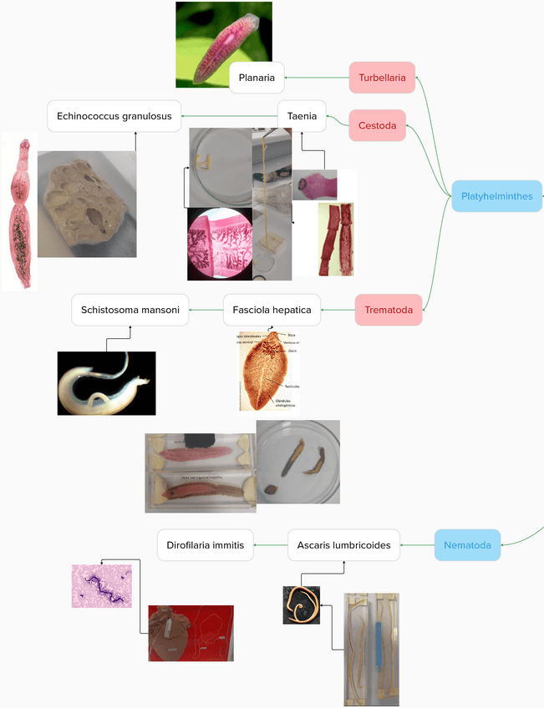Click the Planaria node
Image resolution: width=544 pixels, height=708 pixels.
click(x=257, y=78)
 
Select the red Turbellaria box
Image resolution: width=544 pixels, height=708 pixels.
click(x=382, y=78)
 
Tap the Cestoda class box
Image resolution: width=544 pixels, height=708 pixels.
click(x=377, y=125)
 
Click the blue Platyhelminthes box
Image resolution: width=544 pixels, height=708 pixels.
click(x=496, y=196)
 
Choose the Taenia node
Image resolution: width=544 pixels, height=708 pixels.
click(x=302, y=116)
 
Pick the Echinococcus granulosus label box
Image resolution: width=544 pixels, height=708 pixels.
click(x=114, y=116)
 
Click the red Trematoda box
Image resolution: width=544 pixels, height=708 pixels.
click(x=389, y=310)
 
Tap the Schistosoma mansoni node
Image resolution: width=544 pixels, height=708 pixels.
click(x=130, y=310)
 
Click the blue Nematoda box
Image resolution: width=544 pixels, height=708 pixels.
click(x=467, y=545)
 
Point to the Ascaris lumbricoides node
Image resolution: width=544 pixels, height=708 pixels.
click(x=343, y=545)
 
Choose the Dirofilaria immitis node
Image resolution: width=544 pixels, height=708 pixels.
click(x=205, y=545)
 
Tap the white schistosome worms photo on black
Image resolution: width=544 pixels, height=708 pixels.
click(x=106, y=383)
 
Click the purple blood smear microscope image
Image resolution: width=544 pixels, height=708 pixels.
click(x=101, y=585)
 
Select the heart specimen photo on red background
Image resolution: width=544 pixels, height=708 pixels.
click(x=191, y=633)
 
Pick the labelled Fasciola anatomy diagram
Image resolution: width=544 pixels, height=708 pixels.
click(x=267, y=371)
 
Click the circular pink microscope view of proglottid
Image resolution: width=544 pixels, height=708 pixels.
click(x=220, y=243)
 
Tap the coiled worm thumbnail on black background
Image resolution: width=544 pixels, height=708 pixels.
click(x=301, y=604)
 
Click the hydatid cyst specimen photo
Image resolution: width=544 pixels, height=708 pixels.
click(x=87, y=204)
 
